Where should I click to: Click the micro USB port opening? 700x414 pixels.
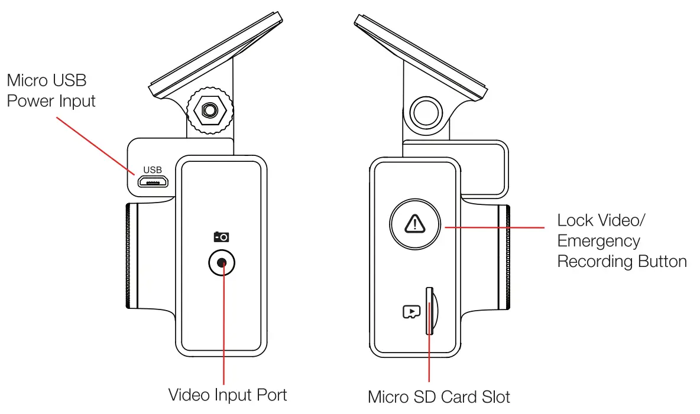point(153,182)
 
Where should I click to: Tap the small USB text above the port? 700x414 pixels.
point(153,170)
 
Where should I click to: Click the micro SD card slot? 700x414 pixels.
point(429,311)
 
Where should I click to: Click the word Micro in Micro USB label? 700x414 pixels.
point(27,80)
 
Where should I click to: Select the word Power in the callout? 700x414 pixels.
point(30,101)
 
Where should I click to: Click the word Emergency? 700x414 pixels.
point(599,241)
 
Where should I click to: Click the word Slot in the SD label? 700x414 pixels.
point(495,396)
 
